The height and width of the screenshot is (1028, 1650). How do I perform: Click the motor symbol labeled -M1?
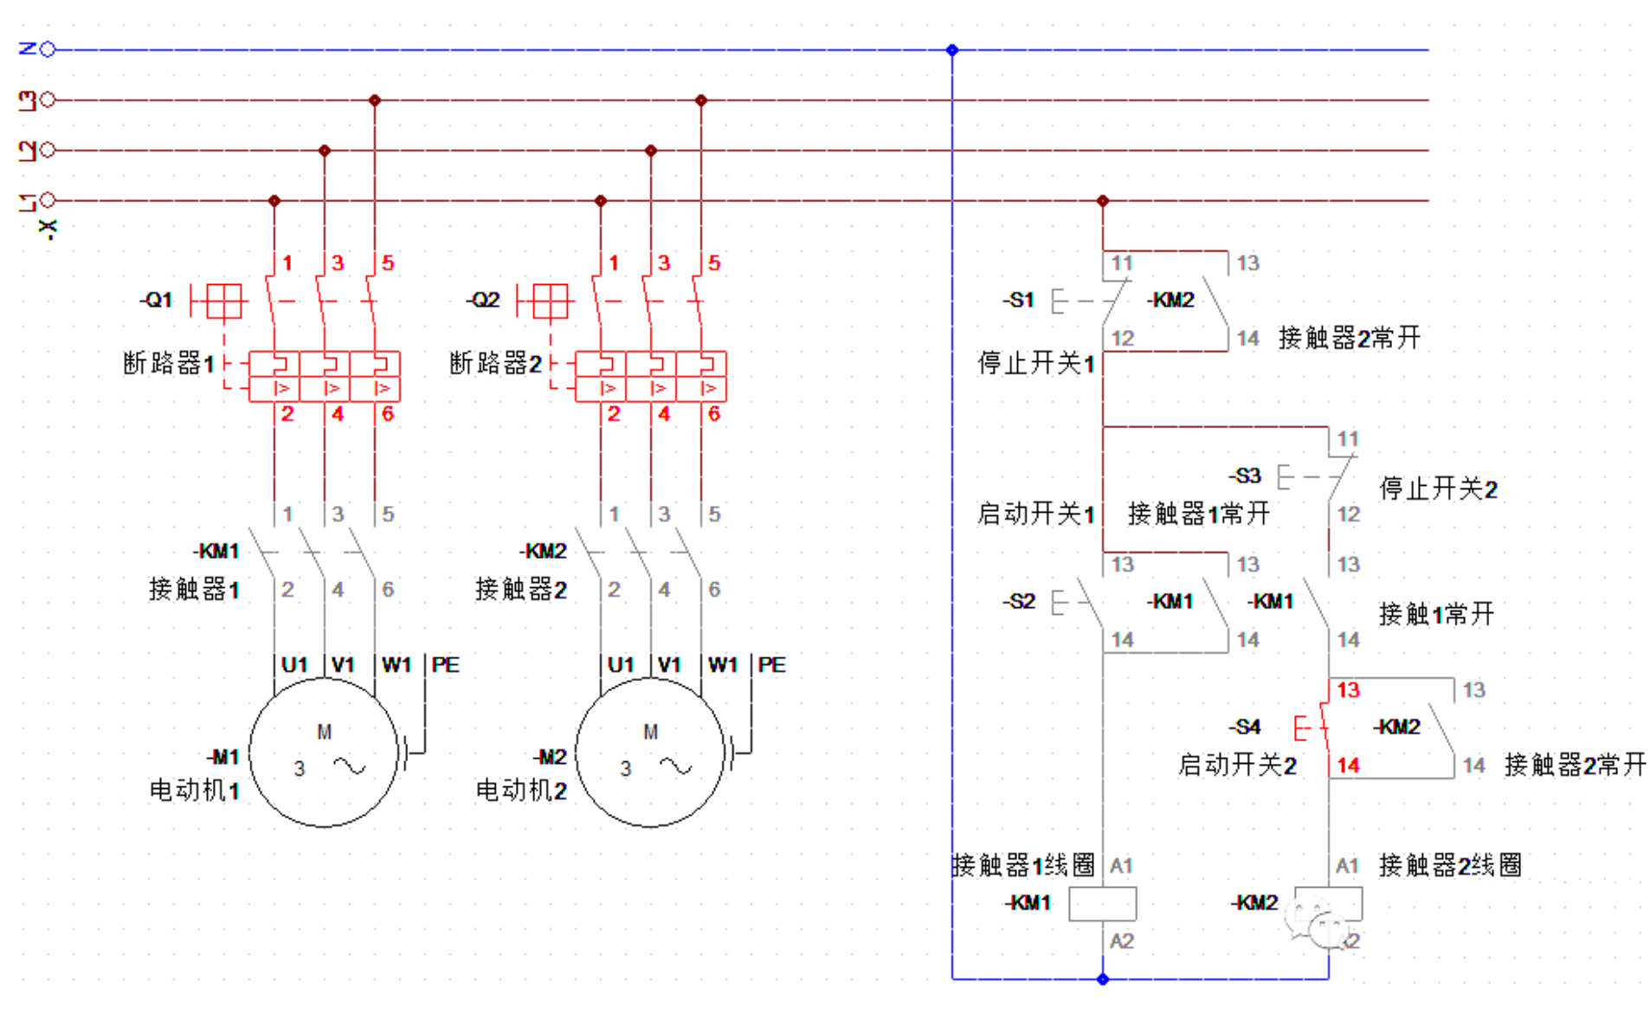[323, 751]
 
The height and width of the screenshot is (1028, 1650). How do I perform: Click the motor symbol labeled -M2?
[649, 751]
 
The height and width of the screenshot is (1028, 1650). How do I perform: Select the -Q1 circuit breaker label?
[157, 301]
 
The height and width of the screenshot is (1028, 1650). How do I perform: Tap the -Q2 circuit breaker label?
[483, 301]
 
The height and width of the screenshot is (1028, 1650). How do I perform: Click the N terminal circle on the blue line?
[48, 49]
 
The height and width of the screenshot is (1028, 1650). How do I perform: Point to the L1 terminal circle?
[48, 200]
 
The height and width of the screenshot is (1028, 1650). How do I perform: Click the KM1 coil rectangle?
[1102, 903]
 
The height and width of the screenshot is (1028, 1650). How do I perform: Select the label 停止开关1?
[1035, 362]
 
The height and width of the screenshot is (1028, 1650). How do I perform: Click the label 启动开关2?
[1236, 765]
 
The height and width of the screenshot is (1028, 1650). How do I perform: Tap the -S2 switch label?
[1019, 601]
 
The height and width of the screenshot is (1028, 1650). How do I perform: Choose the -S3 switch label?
[1245, 475]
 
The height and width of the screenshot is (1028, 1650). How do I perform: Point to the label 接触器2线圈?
[1450, 864]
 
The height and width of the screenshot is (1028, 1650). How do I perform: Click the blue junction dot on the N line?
[952, 49]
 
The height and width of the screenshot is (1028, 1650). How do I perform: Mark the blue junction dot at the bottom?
[1102, 980]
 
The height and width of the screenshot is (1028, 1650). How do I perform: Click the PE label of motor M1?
[445, 664]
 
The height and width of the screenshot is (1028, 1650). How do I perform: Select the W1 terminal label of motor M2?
[723, 664]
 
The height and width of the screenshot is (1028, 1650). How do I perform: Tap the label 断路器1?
[168, 363]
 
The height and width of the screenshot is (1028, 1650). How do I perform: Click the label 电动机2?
[520, 790]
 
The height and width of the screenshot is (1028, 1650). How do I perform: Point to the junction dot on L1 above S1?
[1102, 200]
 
